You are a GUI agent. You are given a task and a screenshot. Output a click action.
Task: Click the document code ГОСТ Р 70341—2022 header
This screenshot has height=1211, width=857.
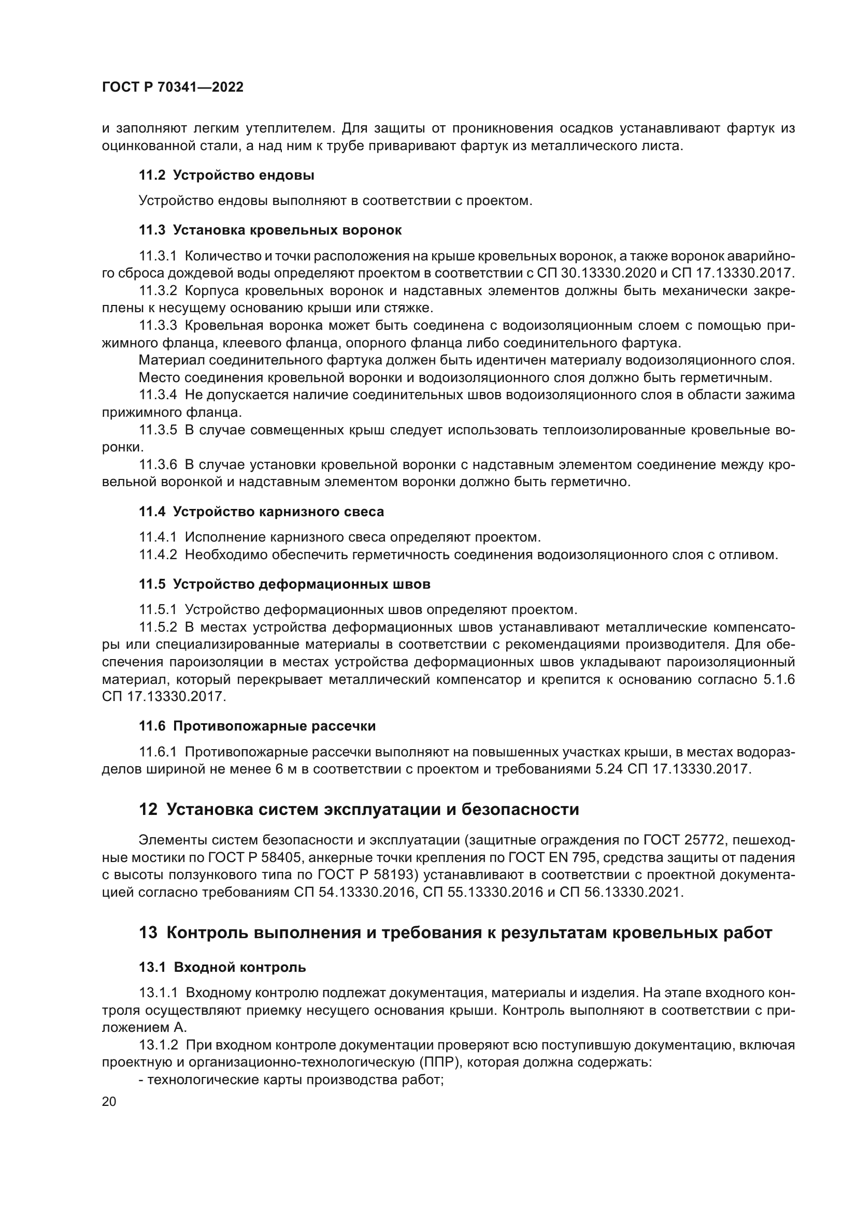coord(173,87)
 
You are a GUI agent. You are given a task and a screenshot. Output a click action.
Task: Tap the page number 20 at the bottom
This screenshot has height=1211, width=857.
coord(109,1101)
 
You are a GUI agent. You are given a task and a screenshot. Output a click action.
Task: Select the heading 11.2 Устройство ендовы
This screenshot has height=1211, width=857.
coord(226,175)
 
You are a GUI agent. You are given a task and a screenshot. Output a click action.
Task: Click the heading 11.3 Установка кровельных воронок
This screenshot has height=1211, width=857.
coord(269,230)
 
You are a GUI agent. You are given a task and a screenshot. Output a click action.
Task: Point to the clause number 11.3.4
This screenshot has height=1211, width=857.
coord(158,395)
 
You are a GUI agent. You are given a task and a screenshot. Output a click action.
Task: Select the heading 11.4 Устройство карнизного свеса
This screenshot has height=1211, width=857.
coord(261,512)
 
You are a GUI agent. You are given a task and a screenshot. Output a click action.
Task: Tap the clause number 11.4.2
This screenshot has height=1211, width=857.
coord(158,555)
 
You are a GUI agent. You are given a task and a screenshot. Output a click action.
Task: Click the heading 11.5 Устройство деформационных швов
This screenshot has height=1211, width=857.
coord(284,584)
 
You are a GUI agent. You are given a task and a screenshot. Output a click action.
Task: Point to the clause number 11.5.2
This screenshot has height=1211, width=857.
coord(158,627)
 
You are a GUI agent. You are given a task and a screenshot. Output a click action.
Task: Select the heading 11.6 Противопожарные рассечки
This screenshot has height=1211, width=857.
coord(257,726)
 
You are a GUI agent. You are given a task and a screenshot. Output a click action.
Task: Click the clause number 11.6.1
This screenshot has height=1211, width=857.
coord(158,752)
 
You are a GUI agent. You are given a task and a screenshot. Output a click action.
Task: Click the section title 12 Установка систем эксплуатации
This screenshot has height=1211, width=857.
coord(359,809)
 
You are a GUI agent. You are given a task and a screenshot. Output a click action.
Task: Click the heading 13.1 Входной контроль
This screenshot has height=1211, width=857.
coord(222,967)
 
